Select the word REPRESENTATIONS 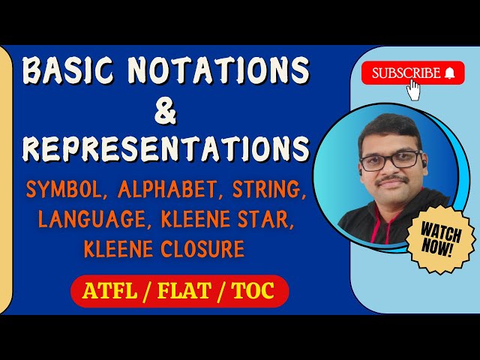pos(166,148)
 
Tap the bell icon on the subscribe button pos(450,73)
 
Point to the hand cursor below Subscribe pos(413,90)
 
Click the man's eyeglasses pos(391,159)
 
